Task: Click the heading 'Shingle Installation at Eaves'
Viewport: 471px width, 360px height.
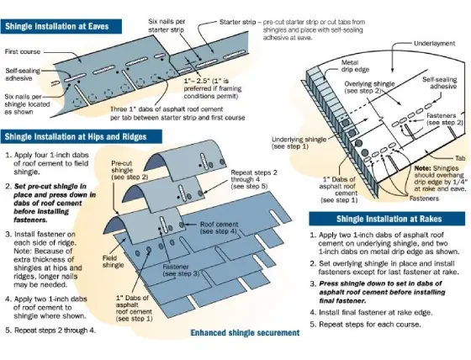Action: click(60, 27)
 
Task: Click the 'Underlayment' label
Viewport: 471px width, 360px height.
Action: click(438, 42)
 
